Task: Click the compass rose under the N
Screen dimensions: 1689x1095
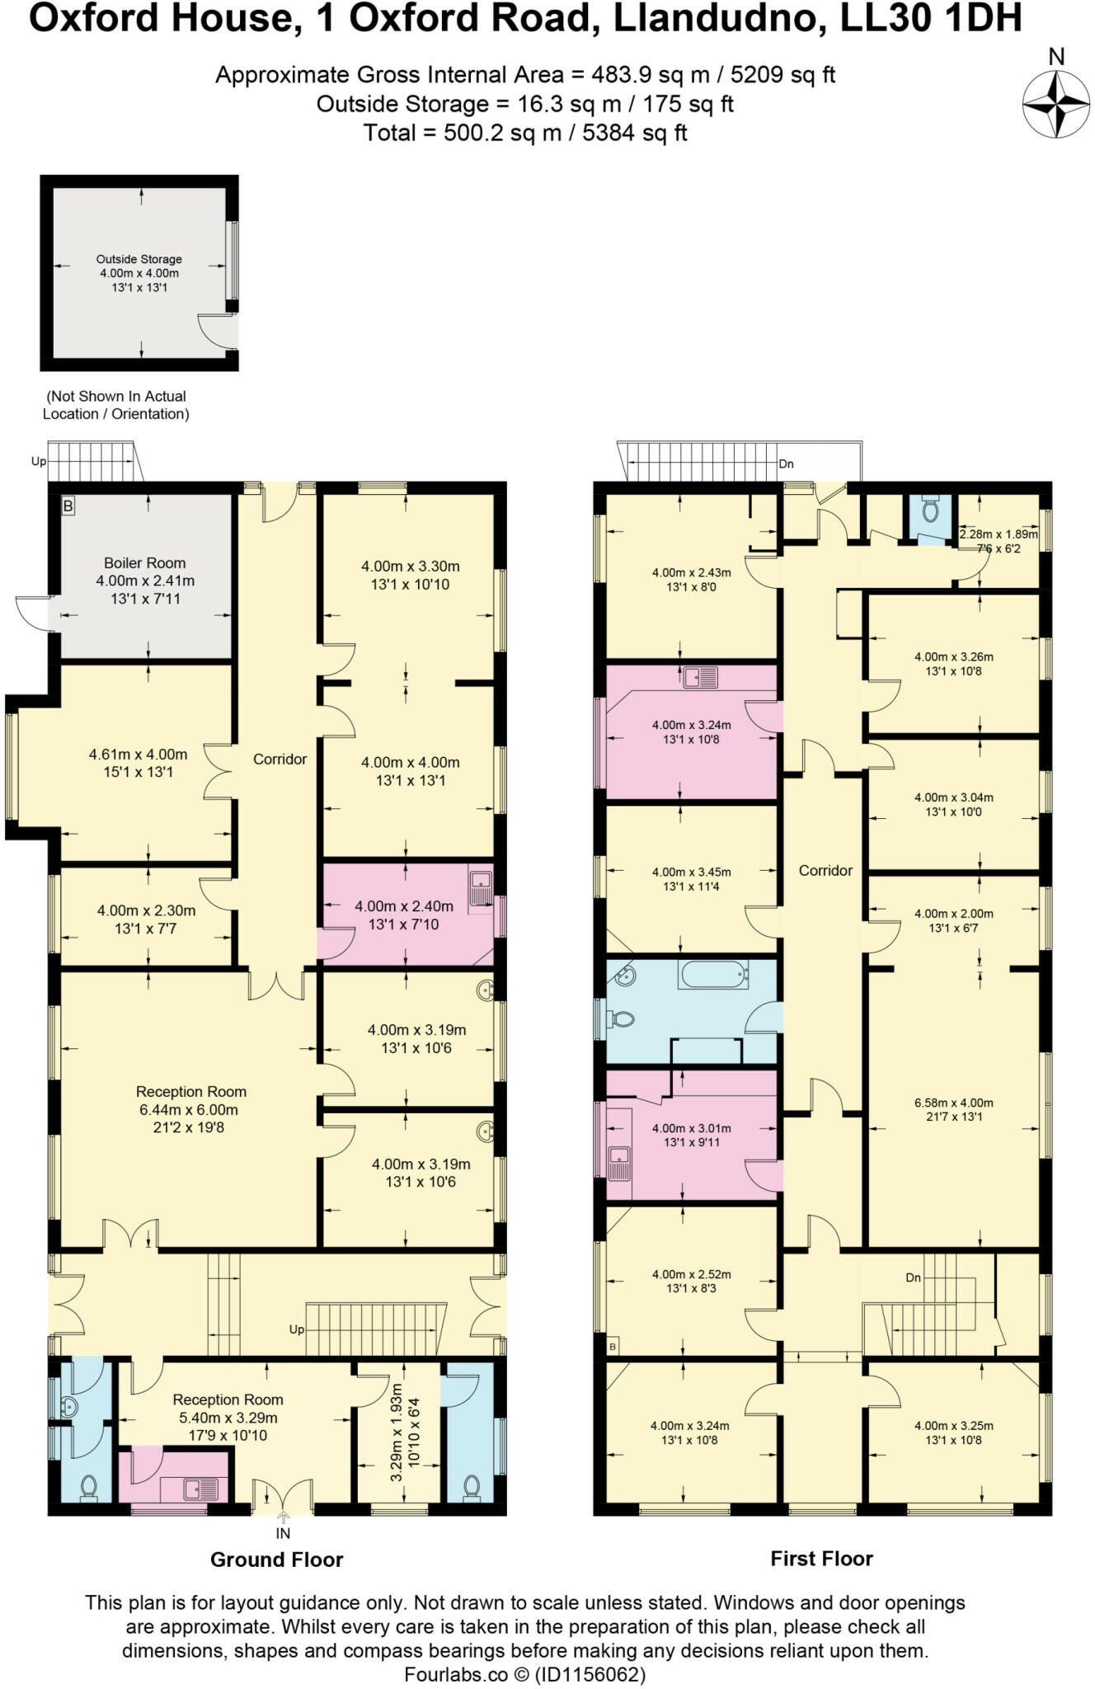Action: (x=1055, y=105)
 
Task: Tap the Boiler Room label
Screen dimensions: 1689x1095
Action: (x=145, y=563)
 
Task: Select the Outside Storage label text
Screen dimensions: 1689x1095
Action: (x=139, y=259)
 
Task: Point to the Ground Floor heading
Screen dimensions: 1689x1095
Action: (x=276, y=1560)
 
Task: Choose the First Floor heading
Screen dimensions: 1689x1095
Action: (x=821, y=1559)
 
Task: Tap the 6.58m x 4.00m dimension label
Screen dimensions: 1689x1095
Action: (x=953, y=1103)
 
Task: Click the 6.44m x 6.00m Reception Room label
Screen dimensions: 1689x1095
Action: (x=190, y=1109)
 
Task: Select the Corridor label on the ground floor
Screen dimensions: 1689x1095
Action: (x=280, y=759)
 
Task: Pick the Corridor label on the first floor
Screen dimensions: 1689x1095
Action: (x=825, y=870)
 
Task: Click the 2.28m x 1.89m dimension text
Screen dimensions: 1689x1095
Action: (x=999, y=534)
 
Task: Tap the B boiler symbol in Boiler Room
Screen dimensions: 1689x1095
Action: (x=68, y=506)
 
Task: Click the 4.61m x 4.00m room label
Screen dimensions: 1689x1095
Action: (x=138, y=754)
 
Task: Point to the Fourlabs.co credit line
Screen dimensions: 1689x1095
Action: (x=524, y=1675)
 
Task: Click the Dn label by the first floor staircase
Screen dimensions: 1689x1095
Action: (x=913, y=1277)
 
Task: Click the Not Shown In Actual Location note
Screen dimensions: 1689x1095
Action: (x=115, y=405)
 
